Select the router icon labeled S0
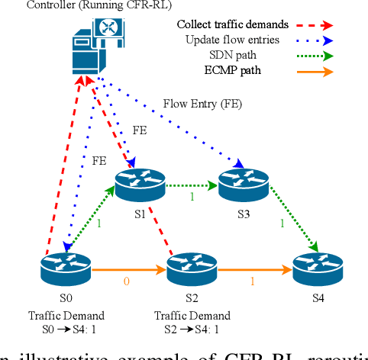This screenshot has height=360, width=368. [x=66, y=268]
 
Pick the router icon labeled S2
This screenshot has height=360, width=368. [x=192, y=268]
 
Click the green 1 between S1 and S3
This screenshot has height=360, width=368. [x=192, y=198]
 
